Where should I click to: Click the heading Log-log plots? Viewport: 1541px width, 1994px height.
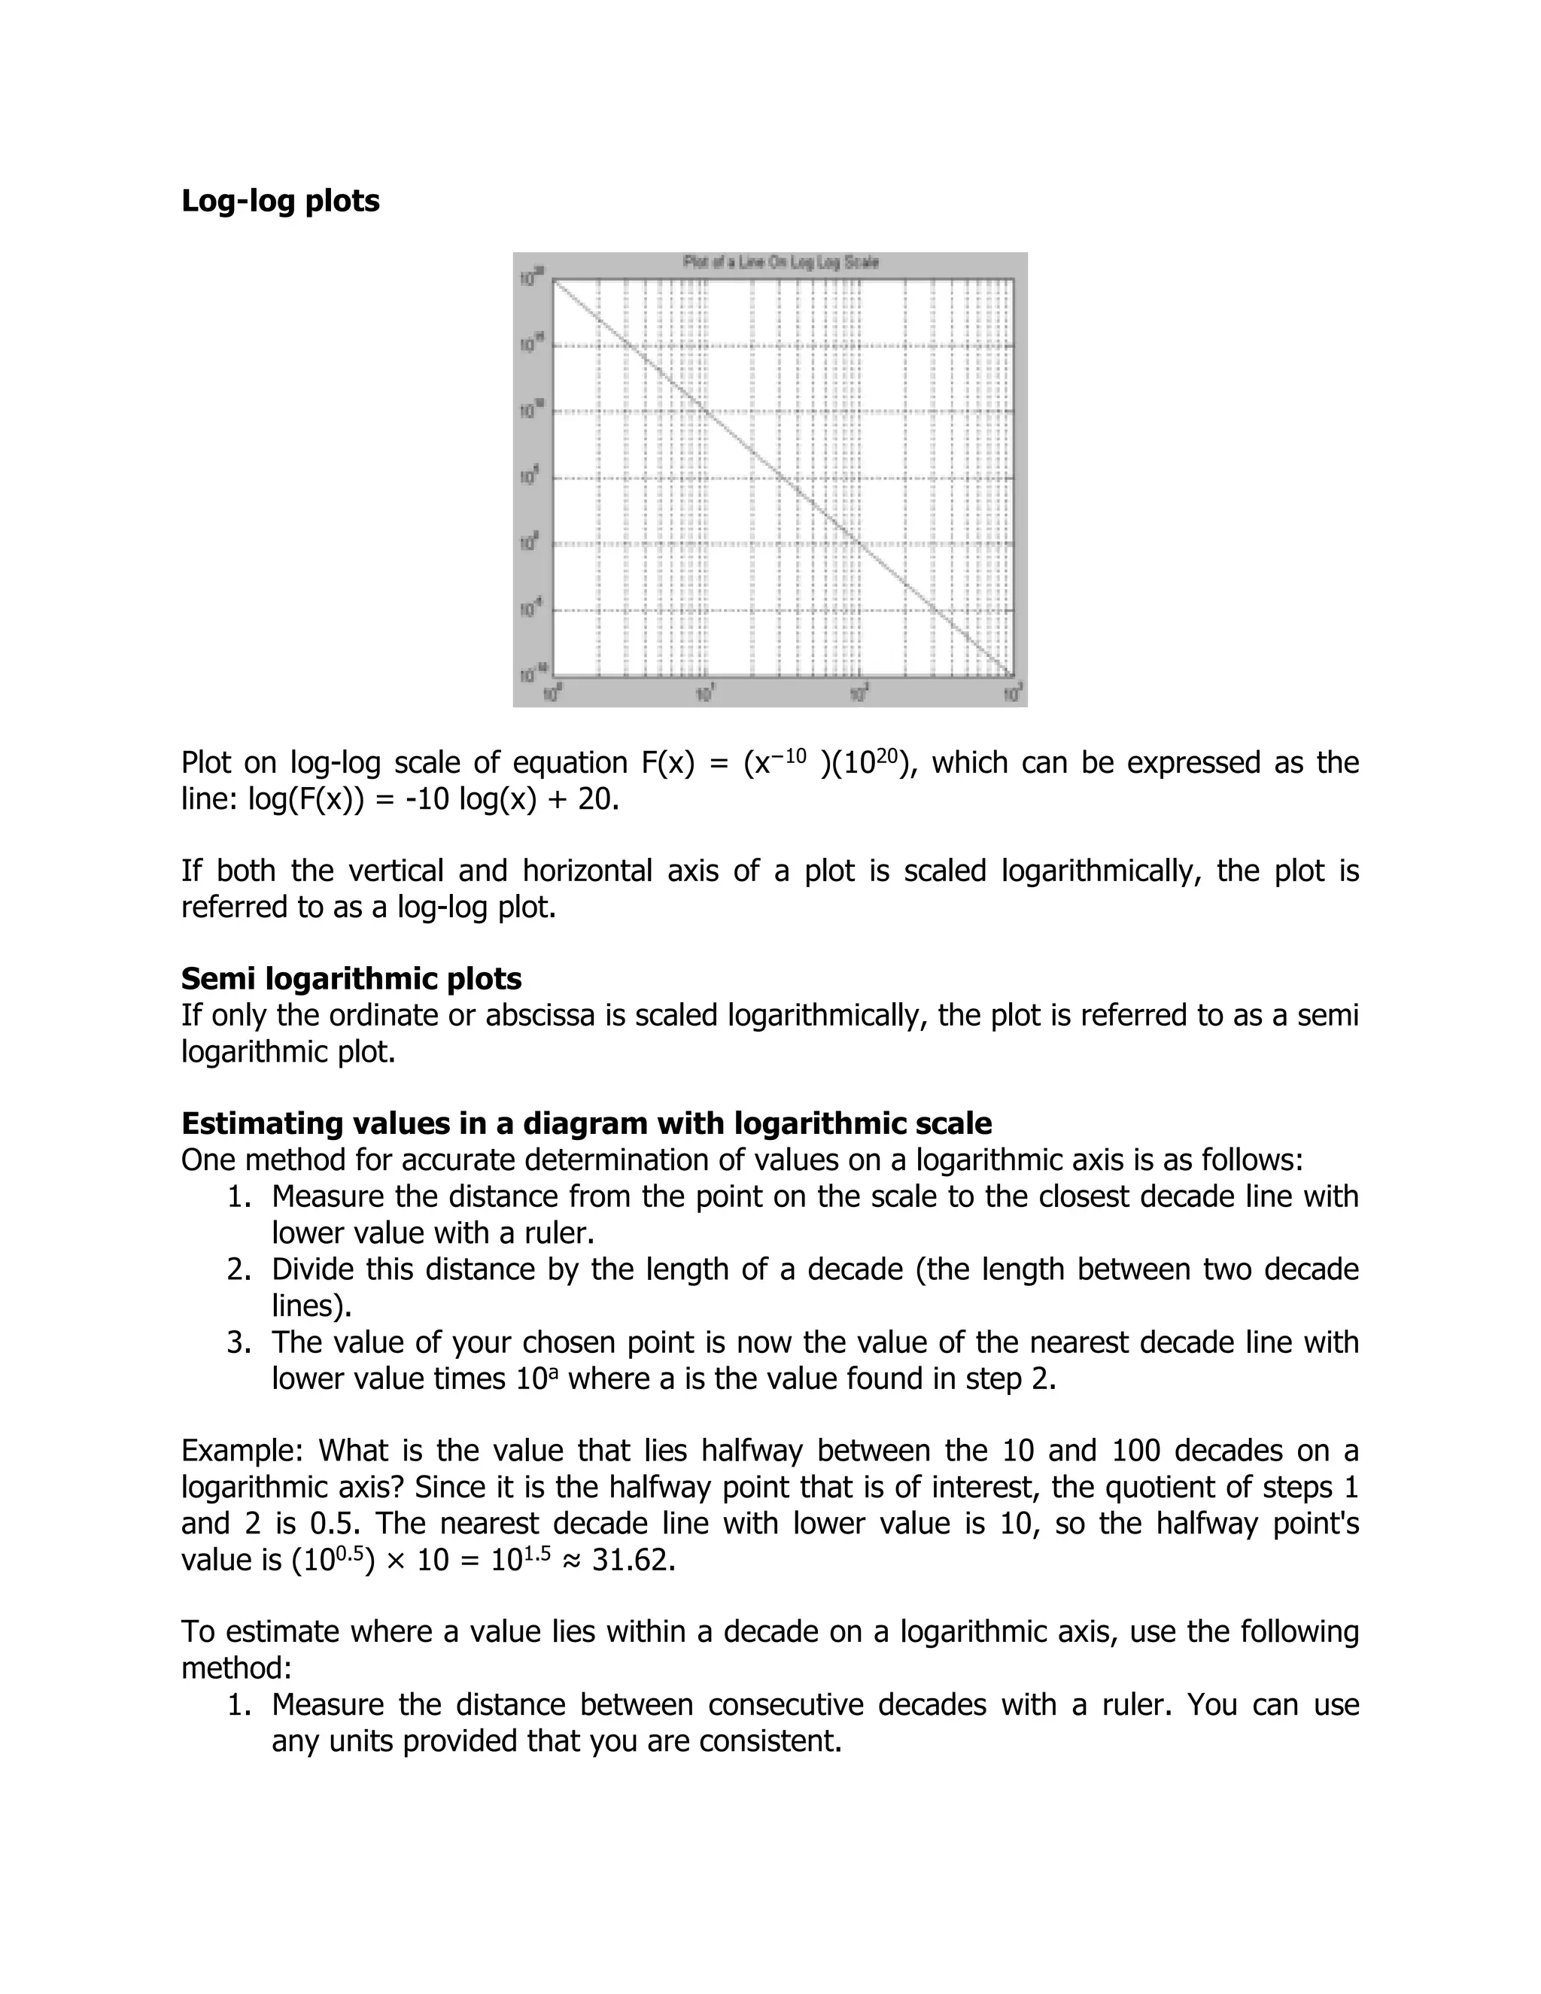click(x=280, y=201)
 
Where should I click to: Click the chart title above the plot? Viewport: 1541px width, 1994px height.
click(x=780, y=263)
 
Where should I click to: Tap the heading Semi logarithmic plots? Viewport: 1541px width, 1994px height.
click(x=351, y=979)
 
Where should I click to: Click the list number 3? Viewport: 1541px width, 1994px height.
click(x=239, y=1342)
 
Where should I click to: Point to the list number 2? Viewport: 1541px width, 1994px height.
click(x=239, y=1269)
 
